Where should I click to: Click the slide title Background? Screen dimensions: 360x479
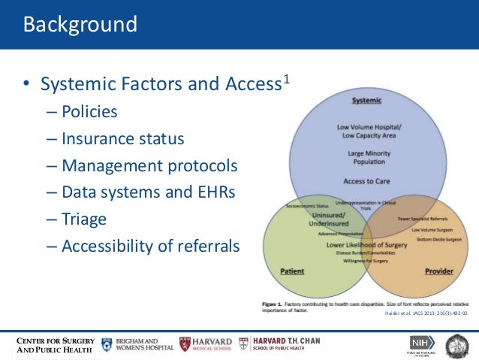[80, 24]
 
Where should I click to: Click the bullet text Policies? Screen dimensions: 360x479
[89, 112]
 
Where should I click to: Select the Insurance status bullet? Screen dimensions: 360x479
[122, 139]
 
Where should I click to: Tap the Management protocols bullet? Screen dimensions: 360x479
[149, 165]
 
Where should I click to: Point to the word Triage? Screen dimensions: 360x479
[84, 219]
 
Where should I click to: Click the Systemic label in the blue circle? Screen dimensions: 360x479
[366, 100]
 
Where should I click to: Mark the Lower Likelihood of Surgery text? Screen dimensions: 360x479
[366, 244]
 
